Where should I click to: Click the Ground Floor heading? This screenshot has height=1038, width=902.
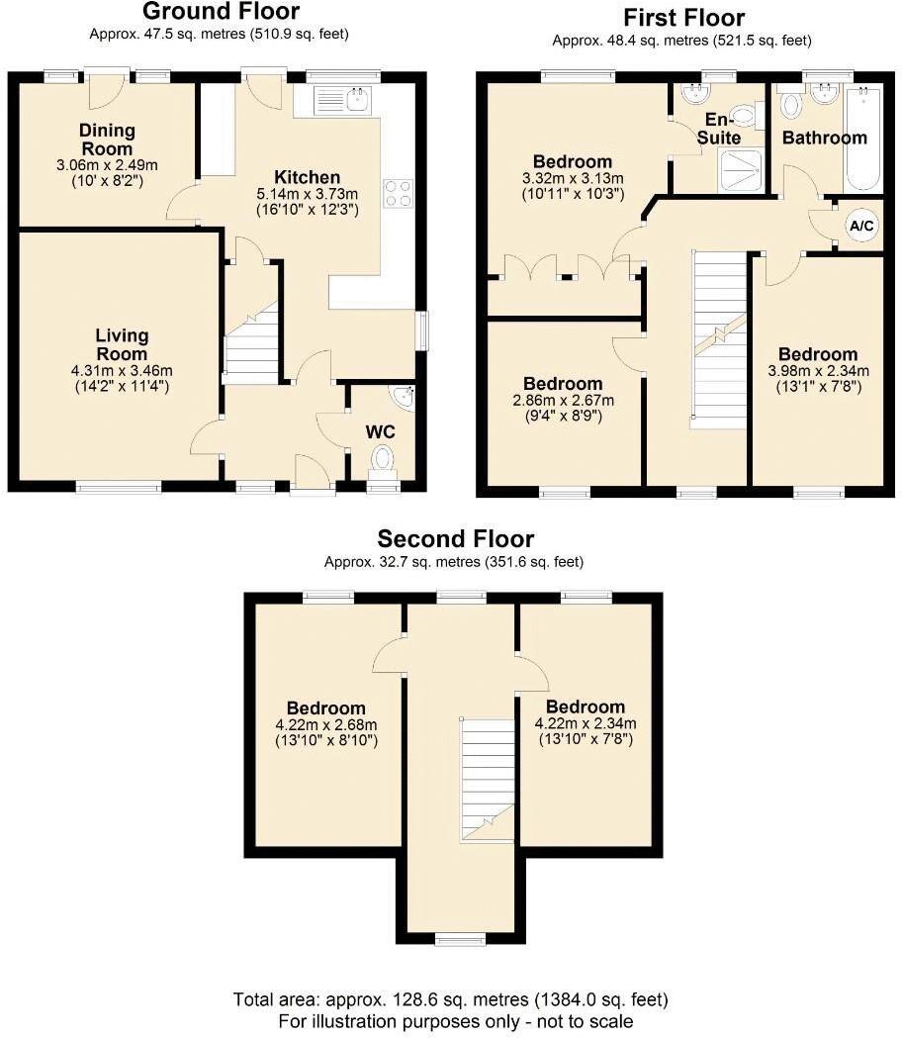coord(222,13)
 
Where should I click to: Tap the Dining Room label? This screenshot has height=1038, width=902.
coord(108,139)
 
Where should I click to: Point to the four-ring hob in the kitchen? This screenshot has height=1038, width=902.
coord(398,194)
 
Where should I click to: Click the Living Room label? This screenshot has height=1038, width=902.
coord(122,344)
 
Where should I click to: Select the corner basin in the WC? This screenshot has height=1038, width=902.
coord(402,398)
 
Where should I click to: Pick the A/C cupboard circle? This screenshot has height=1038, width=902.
coord(861,227)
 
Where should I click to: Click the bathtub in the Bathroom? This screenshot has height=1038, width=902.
coord(862,139)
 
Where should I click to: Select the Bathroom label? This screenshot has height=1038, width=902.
coord(824,139)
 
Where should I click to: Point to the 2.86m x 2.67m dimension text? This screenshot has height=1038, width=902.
coord(563,401)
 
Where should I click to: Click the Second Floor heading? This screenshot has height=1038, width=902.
coord(455,539)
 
